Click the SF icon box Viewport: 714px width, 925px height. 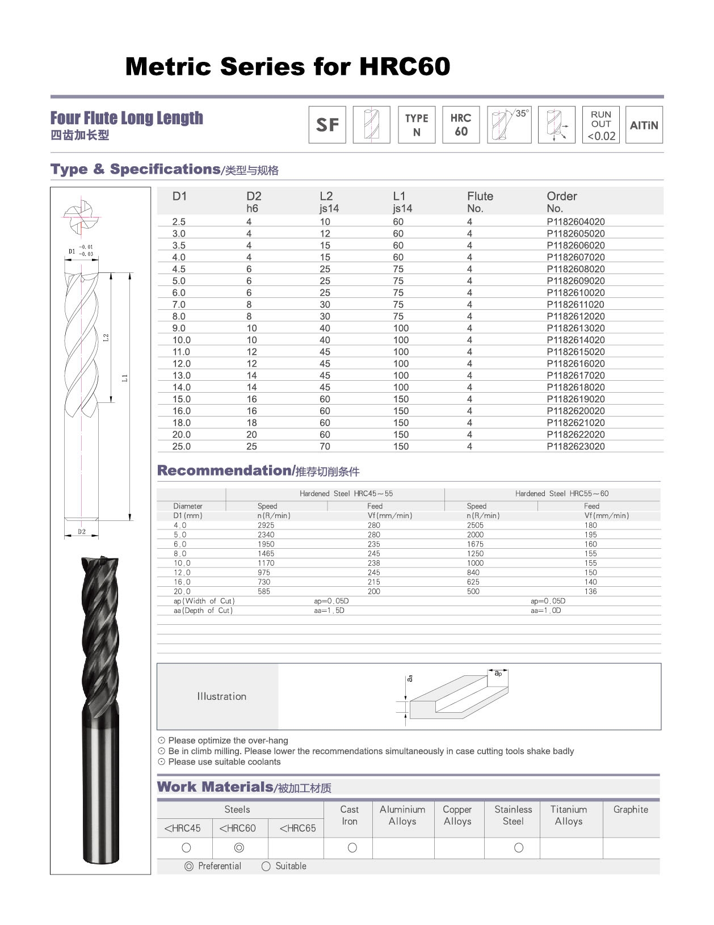(x=327, y=125)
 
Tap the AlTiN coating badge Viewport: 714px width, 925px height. (x=644, y=125)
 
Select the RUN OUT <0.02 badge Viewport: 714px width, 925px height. (x=601, y=125)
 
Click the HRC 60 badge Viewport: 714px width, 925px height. (x=461, y=125)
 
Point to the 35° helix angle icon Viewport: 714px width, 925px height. (x=509, y=125)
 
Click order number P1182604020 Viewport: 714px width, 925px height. (x=576, y=222)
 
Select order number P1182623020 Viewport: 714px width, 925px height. (x=576, y=447)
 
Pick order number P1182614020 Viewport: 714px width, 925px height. (x=576, y=340)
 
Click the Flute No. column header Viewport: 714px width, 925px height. (x=480, y=201)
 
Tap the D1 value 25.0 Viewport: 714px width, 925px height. (x=182, y=447)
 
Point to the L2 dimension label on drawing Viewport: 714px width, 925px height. (x=106, y=337)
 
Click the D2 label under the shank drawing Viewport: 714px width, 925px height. (x=82, y=532)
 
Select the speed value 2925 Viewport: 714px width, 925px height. (x=266, y=525)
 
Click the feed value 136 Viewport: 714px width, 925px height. (x=590, y=591)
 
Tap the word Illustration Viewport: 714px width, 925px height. (x=221, y=696)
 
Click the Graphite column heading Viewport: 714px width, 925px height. (x=631, y=810)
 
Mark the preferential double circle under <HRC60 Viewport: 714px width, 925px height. (x=239, y=848)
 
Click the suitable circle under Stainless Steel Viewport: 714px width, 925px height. (x=518, y=848)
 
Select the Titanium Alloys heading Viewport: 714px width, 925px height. (x=568, y=815)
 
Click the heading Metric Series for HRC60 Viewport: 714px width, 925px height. (x=287, y=66)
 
